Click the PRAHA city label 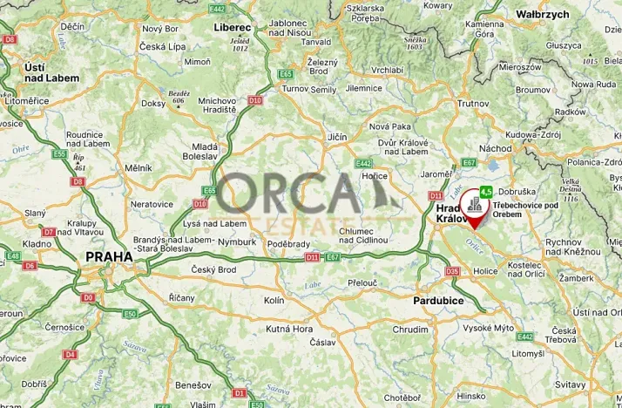pos(109,257)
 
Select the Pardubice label pos(439,301)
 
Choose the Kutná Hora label pos(289,329)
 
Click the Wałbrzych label pos(542,15)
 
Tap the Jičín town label pos(336,137)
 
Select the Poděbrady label pos(288,243)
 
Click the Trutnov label pos(473,103)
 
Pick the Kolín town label pos(274,300)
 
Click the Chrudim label pos(409,330)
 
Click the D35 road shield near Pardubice pos(452,271)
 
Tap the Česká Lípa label pos(165,45)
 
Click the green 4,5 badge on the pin pos(486,191)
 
